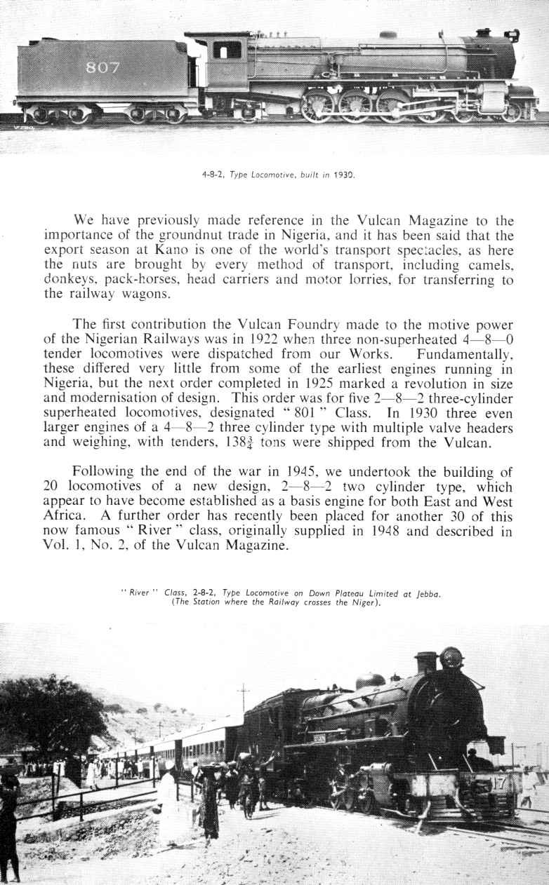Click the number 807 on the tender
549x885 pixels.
[102, 68]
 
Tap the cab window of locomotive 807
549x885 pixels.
[227, 50]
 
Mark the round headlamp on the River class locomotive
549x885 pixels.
[451, 658]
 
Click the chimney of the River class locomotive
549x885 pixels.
[425, 662]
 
